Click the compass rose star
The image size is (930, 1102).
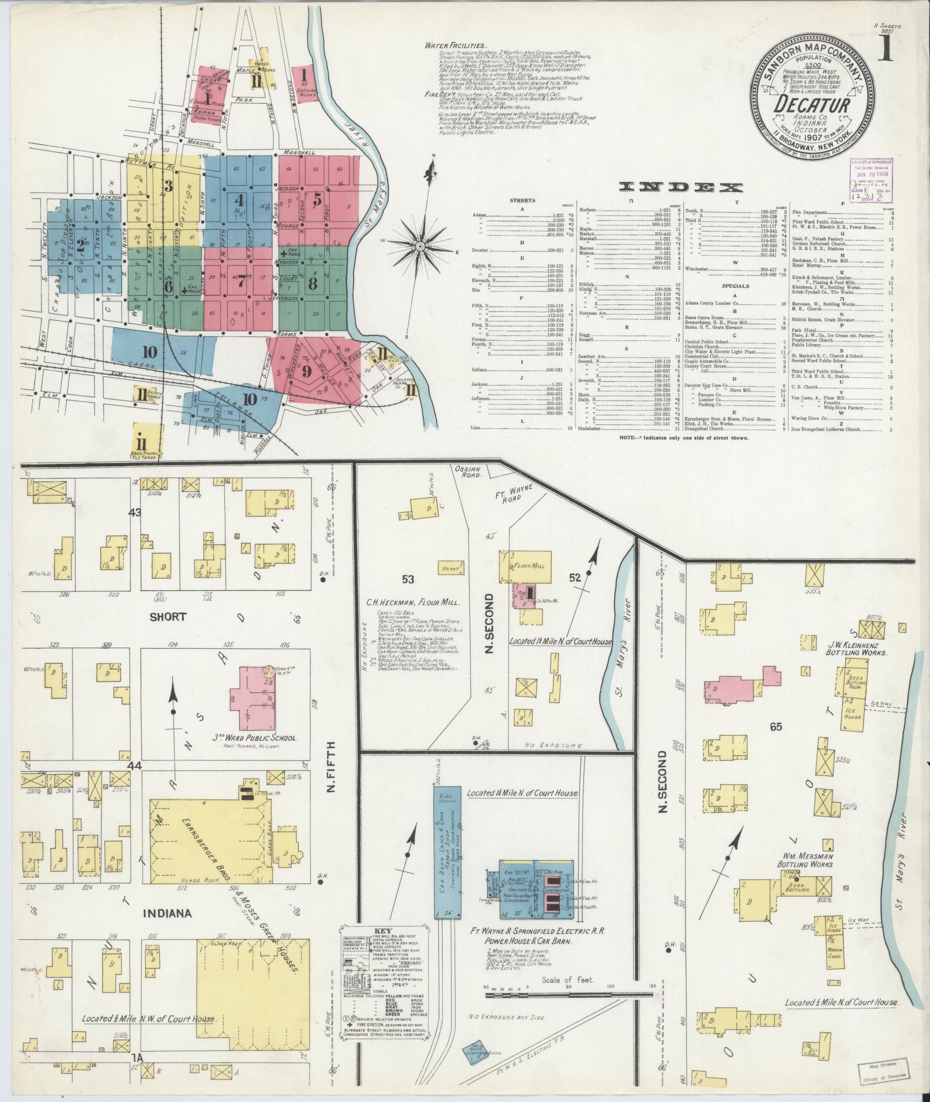(420, 247)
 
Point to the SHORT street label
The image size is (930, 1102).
(168, 616)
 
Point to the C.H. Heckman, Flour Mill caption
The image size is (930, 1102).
(412, 602)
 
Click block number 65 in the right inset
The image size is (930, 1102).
(775, 727)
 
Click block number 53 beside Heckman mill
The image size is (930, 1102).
(408, 578)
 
